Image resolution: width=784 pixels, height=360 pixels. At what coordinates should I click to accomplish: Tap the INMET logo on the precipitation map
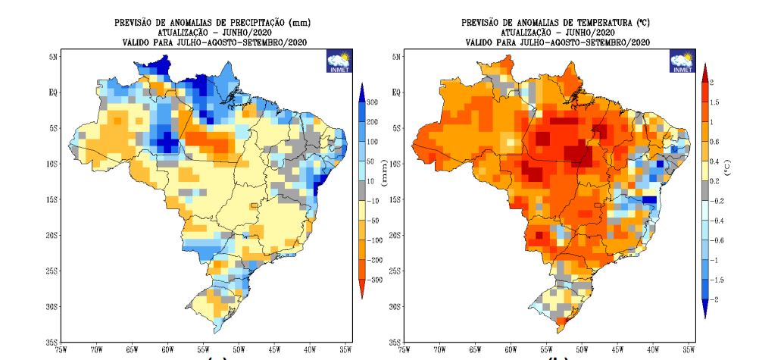click(x=337, y=63)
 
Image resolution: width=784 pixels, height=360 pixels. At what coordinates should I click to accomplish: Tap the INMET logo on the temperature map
click(x=682, y=63)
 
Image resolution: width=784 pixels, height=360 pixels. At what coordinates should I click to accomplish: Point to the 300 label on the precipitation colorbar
click(x=373, y=102)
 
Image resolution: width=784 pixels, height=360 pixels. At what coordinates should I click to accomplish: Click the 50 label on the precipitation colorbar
click(x=371, y=161)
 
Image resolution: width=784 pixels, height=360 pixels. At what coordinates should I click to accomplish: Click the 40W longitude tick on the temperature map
click(x=653, y=351)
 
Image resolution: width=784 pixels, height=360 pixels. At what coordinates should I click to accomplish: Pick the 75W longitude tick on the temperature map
click(x=404, y=351)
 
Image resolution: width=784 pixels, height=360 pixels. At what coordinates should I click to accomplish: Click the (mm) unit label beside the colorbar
click(x=384, y=179)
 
